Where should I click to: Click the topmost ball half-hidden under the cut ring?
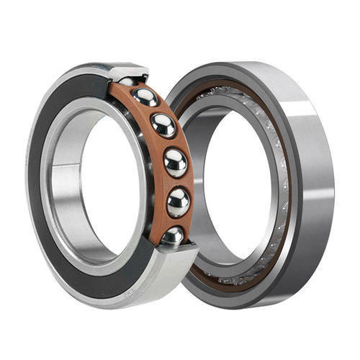tap(128, 81)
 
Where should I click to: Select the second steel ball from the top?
tap(146, 98)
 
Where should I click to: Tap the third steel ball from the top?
tap(163, 125)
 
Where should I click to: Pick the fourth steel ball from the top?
tap(175, 163)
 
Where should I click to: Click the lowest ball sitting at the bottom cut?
tap(172, 235)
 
